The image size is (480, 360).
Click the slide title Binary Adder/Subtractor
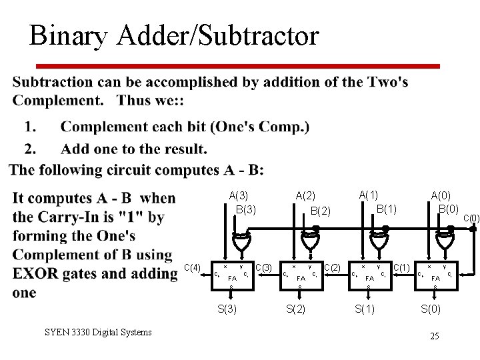(x=174, y=36)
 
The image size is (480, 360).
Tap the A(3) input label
(x=239, y=195)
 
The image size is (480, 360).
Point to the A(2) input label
(x=305, y=195)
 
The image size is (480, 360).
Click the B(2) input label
(x=320, y=211)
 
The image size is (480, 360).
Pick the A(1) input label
(x=369, y=195)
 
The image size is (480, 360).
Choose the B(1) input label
(x=387, y=209)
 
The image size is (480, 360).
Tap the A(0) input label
(x=441, y=195)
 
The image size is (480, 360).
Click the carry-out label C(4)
(x=193, y=267)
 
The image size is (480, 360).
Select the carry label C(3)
(x=265, y=267)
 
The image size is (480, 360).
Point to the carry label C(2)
(x=332, y=267)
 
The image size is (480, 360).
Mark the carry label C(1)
(x=401, y=267)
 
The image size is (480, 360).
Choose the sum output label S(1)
(x=365, y=308)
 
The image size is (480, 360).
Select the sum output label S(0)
(x=431, y=308)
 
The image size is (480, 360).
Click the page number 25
(x=435, y=335)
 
